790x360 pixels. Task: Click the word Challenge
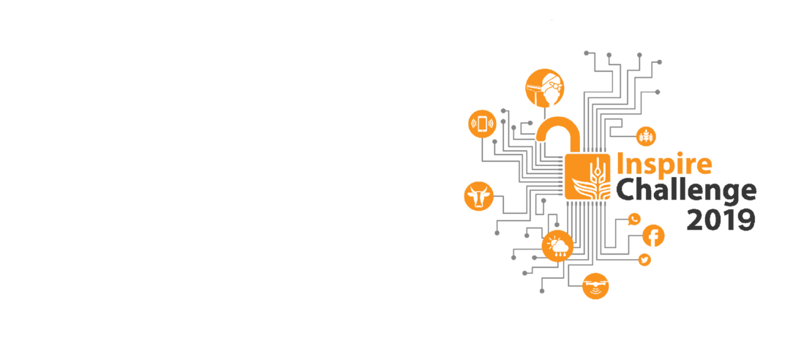(x=685, y=190)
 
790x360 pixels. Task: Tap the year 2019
(x=721, y=219)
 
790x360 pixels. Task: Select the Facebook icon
(x=653, y=236)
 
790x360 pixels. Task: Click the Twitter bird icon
(x=644, y=260)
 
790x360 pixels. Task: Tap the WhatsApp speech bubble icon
(x=634, y=219)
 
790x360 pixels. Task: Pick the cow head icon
(x=479, y=196)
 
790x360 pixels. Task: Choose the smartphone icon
(x=482, y=124)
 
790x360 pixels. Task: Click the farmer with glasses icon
(x=545, y=88)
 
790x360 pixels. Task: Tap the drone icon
(x=595, y=285)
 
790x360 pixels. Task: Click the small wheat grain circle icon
(x=646, y=136)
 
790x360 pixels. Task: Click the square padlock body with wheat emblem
(x=588, y=176)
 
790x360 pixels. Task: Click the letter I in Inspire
(x=620, y=162)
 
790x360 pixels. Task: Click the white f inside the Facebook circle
(x=654, y=236)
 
